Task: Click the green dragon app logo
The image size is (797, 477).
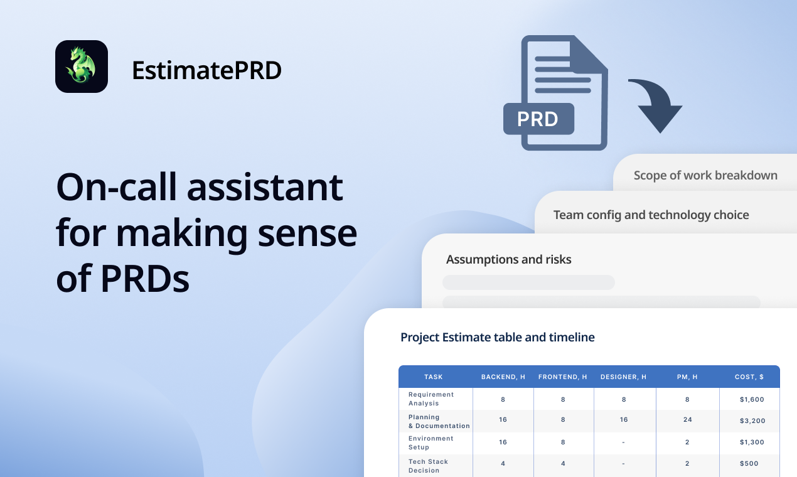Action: click(x=82, y=67)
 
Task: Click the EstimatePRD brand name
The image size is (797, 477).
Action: click(x=206, y=70)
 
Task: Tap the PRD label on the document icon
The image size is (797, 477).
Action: click(x=538, y=119)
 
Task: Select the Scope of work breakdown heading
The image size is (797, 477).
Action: click(x=705, y=176)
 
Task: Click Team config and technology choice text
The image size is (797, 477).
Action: click(x=651, y=215)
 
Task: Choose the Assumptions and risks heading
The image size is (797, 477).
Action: click(x=508, y=259)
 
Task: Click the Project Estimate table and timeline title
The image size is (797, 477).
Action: click(x=497, y=337)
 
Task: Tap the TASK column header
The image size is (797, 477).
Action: click(x=434, y=377)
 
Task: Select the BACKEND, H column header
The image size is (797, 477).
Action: click(x=503, y=377)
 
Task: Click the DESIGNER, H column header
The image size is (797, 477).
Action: click(x=623, y=377)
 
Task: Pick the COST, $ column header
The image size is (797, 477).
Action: click(x=749, y=377)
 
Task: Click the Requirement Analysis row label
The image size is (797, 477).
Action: click(x=431, y=399)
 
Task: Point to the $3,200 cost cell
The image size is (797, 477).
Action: click(x=752, y=421)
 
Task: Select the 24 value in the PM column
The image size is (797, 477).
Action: click(x=687, y=420)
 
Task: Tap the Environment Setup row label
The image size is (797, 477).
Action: click(x=431, y=442)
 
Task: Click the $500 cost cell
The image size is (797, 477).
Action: click(x=749, y=464)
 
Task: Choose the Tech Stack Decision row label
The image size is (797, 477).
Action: click(x=428, y=466)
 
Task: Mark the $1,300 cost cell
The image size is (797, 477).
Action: click(x=752, y=442)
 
